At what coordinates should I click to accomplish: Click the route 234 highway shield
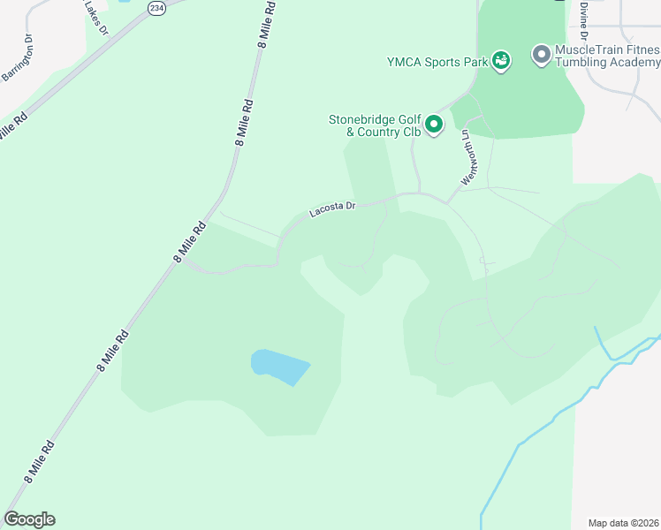click(x=156, y=8)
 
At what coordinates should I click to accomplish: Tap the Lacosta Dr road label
click(x=332, y=209)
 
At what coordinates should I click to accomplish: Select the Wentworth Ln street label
click(x=467, y=157)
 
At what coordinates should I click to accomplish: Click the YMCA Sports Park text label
click(x=437, y=62)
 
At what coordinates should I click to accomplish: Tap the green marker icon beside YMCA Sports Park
click(x=501, y=61)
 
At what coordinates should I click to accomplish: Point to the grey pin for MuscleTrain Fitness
click(x=541, y=57)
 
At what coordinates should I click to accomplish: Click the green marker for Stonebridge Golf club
click(x=434, y=125)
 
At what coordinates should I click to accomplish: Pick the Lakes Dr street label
click(x=96, y=18)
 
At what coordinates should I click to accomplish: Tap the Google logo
click(x=29, y=519)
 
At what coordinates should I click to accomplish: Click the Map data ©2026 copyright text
click(x=622, y=523)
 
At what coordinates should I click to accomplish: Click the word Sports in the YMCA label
click(x=438, y=62)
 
